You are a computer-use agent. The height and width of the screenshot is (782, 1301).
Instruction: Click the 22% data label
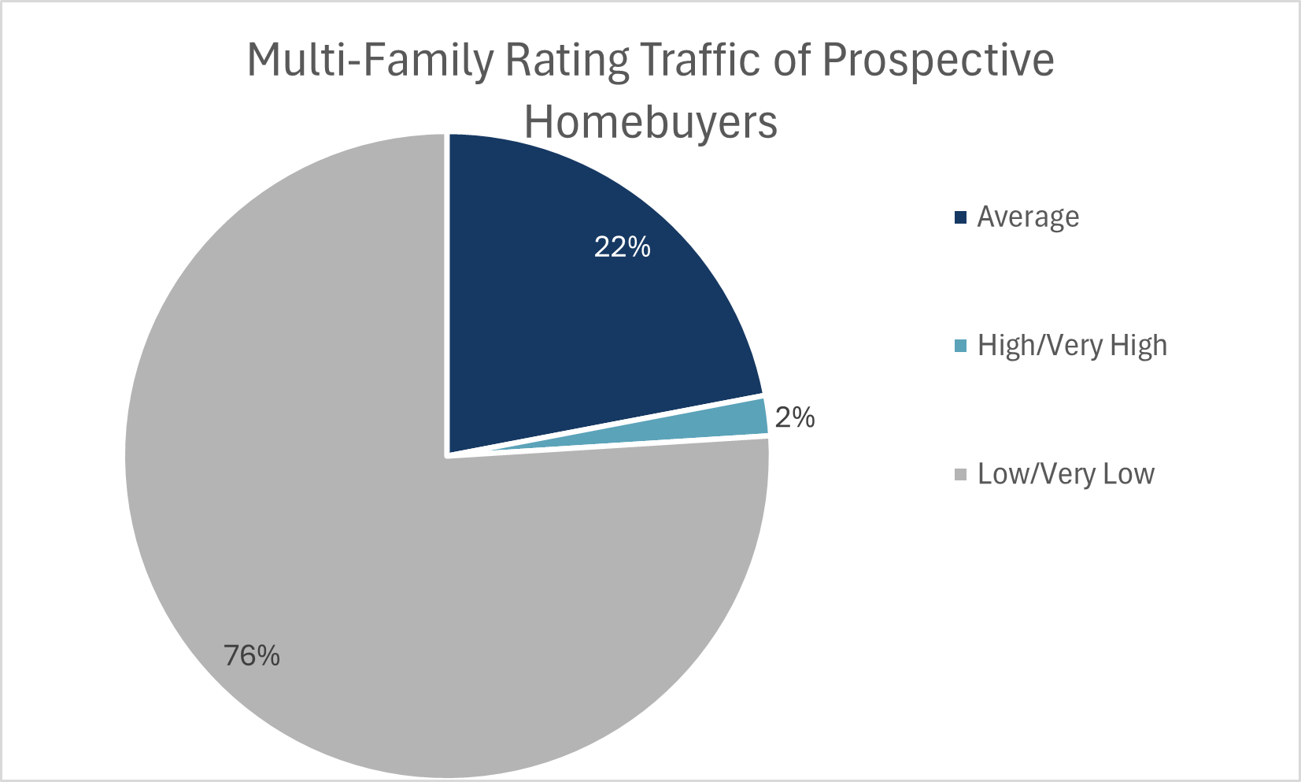tap(622, 247)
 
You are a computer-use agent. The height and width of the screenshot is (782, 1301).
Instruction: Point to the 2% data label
tap(794, 417)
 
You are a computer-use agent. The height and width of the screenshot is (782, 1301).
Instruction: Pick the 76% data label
tap(252, 655)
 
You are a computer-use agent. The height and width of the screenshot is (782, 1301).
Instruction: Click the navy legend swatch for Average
tap(959, 217)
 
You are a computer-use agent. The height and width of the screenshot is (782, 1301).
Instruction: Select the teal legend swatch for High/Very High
tap(959, 346)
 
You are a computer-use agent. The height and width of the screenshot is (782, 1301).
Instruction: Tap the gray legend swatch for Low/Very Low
tap(959, 474)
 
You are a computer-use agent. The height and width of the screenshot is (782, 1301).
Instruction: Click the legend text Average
tap(1028, 217)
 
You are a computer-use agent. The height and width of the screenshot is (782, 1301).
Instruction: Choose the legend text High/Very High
tap(1072, 346)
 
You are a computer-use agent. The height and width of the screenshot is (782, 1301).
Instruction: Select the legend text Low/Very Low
tap(1066, 474)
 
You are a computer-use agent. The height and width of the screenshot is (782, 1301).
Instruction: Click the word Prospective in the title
tap(938, 61)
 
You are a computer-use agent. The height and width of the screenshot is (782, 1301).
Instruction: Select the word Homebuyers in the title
tap(651, 122)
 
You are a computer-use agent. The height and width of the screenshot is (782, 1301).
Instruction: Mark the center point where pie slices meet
tap(448, 454)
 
